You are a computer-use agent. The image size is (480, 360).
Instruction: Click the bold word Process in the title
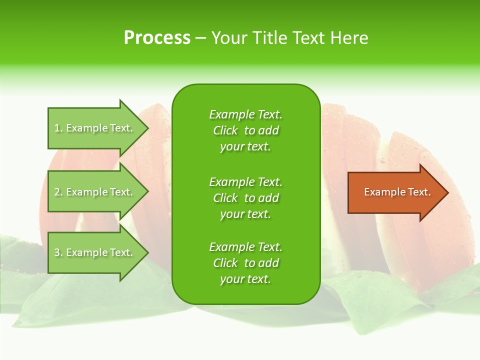click(157, 38)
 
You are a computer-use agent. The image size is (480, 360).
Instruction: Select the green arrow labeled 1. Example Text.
click(95, 128)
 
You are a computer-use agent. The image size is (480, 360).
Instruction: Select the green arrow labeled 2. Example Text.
click(95, 192)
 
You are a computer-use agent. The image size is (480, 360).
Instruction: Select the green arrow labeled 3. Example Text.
click(95, 252)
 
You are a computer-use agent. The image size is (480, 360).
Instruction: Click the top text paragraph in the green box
click(245, 130)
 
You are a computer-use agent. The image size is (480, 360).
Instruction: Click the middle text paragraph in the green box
click(245, 198)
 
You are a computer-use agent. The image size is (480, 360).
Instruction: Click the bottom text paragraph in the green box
click(245, 263)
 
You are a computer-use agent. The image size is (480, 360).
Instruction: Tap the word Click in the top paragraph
click(225, 131)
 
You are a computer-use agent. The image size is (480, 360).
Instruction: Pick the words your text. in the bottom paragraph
click(245, 279)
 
